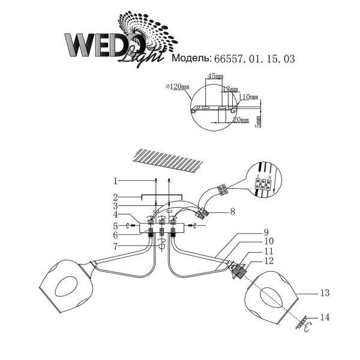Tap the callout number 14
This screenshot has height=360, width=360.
pos(325,316)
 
